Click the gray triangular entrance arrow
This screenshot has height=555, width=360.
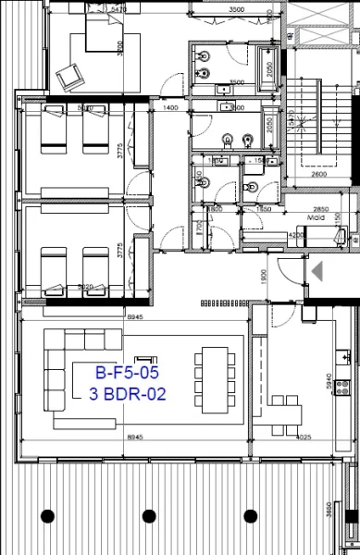point(318,271)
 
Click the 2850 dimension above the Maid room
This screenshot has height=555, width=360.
point(320,209)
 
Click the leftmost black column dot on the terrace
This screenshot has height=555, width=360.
point(47,515)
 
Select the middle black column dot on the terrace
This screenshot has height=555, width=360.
point(148,515)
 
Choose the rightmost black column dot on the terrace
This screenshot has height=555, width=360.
point(249,515)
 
